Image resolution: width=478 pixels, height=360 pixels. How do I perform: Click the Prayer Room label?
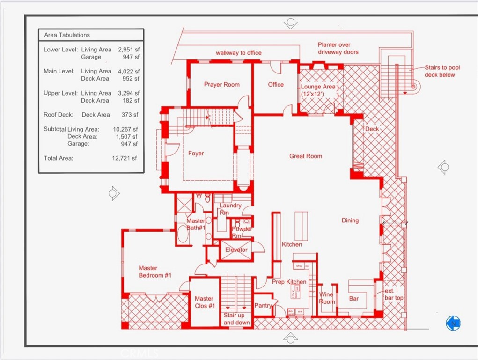[x=221, y=85]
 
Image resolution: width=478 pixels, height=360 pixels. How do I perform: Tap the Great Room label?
[x=305, y=156]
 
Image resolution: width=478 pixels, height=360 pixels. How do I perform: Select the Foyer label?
[x=196, y=154]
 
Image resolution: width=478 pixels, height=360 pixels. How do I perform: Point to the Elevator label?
[x=236, y=250]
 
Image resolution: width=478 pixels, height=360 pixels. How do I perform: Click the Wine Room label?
[x=327, y=298]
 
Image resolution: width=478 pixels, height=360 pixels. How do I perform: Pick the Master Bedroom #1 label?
[x=155, y=272]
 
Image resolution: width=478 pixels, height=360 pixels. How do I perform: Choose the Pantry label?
[x=263, y=306]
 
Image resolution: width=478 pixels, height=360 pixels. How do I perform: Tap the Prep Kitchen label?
[x=289, y=282]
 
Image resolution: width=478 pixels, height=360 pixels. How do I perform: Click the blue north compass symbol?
[x=453, y=323]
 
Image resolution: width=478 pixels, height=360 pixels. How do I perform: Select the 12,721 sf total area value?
[x=125, y=158]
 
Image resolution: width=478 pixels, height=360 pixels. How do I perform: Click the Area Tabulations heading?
[x=67, y=35]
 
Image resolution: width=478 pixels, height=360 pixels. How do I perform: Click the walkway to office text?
[x=238, y=53]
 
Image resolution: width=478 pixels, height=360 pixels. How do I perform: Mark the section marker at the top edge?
[x=290, y=23]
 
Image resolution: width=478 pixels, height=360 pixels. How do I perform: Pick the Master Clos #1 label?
[x=205, y=302]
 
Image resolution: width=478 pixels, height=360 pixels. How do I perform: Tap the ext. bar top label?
[x=393, y=294]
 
